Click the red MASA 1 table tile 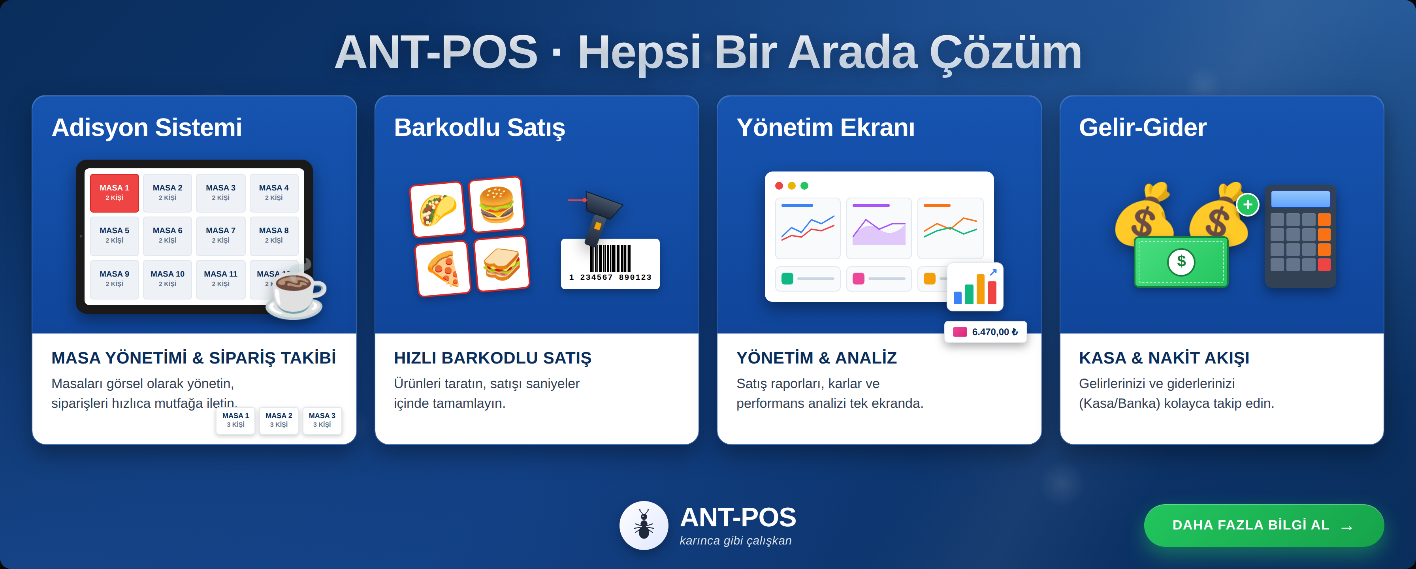(x=114, y=192)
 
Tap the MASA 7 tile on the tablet (x=220, y=235)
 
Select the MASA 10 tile (x=167, y=279)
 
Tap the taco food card (x=437, y=209)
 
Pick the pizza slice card (x=443, y=268)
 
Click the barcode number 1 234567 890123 (x=610, y=277)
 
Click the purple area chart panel (x=878, y=228)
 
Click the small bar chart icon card (x=975, y=286)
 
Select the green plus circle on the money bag (x=1248, y=205)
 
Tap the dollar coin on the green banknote (x=1181, y=261)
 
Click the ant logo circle (x=644, y=525)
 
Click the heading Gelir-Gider (x=1142, y=128)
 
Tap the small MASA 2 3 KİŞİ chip (x=279, y=420)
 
